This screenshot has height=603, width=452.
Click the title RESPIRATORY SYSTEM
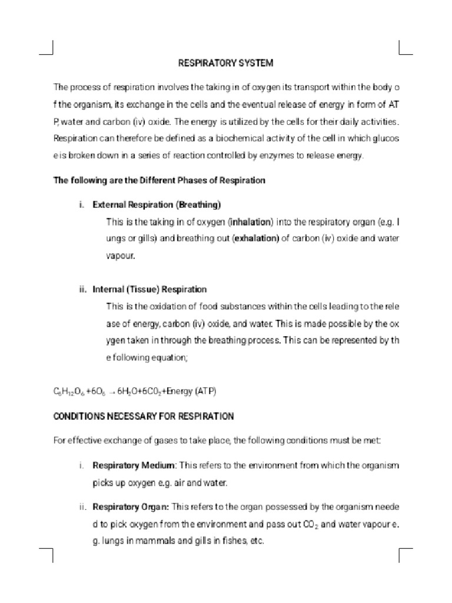pyautogui.click(x=226, y=62)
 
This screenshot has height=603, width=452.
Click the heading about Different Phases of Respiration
pyautogui.click(x=159, y=180)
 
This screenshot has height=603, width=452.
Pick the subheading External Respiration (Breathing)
pyautogui.click(x=157, y=205)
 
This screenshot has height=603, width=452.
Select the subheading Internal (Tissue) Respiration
pyautogui.click(x=149, y=289)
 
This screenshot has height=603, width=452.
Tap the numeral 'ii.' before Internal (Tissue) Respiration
pyautogui.click(x=82, y=289)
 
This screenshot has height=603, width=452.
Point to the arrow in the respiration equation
pyautogui.click(x=111, y=392)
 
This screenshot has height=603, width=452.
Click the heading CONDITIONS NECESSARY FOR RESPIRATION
pyautogui.click(x=144, y=416)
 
